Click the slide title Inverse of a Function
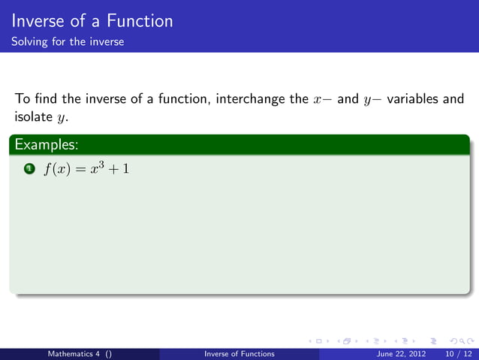(x=92, y=21)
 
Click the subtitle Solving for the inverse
(x=68, y=41)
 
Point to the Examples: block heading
(x=46, y=143)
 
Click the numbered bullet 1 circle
(x=28, y=169)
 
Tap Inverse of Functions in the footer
(x=239, y=354)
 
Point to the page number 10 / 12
(x=458, y=354)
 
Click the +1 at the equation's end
(x=121, y=170)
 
